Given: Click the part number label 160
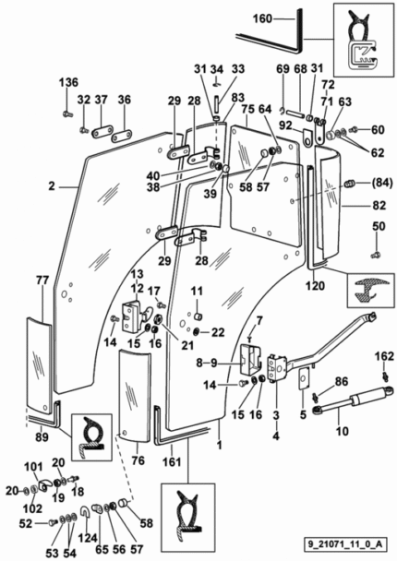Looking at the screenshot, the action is pyautogui.click(x=263, y=18).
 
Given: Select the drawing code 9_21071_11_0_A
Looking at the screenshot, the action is pyautogui.click(x=345, y=544).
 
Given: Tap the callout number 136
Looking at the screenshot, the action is pyautogui.click(x=68, y=82).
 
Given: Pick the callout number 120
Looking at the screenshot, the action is pyautogui.click(x=315, y=285).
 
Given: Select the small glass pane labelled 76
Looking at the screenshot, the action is pyautogui.click(x=135, y=397).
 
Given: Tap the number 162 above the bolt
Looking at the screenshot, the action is pyautogui.click(x=384, y=356).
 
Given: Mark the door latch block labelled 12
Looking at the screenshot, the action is pyautogui.click(x=131, y=316).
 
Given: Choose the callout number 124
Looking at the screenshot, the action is pyautogui.click(x=88, y=537).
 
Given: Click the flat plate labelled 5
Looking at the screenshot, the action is pyautogui.click(x=304, y=377).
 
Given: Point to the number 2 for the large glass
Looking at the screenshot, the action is pyautogui.click(x=52, y=186).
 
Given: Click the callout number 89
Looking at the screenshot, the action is pyautogui.click(x=42, y=436).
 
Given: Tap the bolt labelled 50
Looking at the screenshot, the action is pyautogui.click(x=376, y=255).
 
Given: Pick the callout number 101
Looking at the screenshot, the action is pyautogui.click(x=33, y=467).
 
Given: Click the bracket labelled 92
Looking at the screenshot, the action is pyautogui.click(x=307, y=137).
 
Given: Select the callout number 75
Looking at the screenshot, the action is pyautogui.click(x=247, y=110).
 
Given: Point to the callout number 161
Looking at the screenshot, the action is pyautogui.click(x=173, y=462).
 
